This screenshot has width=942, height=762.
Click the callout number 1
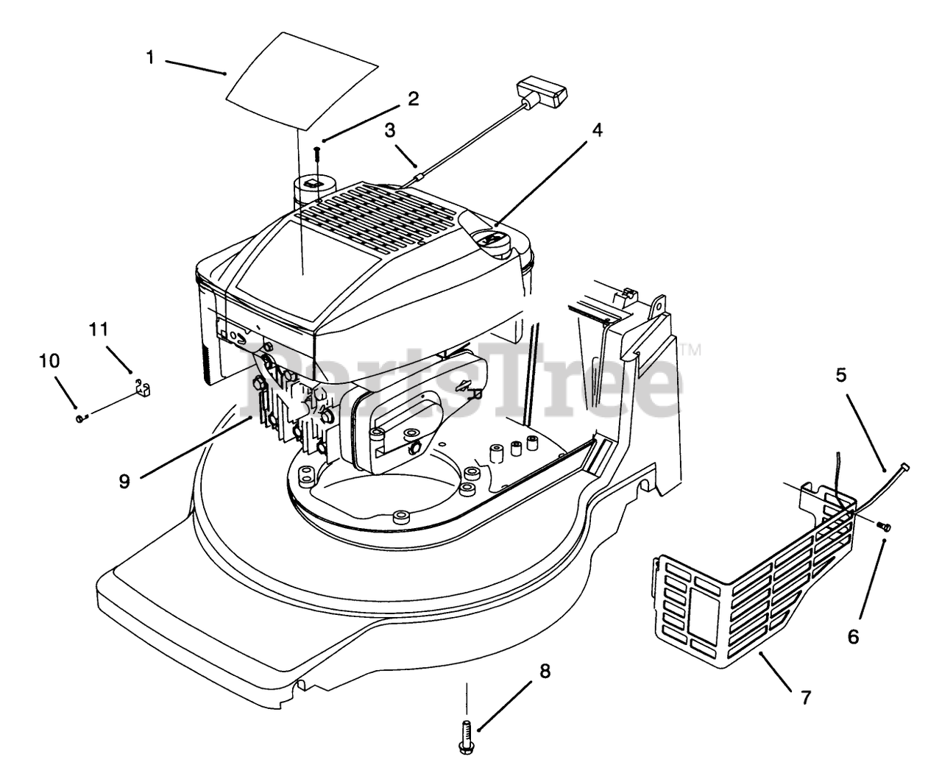point(150,57)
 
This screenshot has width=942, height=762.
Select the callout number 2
point(413,99)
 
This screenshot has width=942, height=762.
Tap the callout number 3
point(389,130)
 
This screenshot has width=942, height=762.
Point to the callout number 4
point(597,130)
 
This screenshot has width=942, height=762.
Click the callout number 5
point(841,375)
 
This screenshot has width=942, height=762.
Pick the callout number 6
point(853,636)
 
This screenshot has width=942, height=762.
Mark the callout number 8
point(545,671)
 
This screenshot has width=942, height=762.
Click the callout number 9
point(124,481)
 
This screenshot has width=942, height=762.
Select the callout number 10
point(50,361)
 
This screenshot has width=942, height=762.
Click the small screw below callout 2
point(316,154)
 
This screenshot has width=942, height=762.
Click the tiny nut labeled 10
point(79,419)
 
